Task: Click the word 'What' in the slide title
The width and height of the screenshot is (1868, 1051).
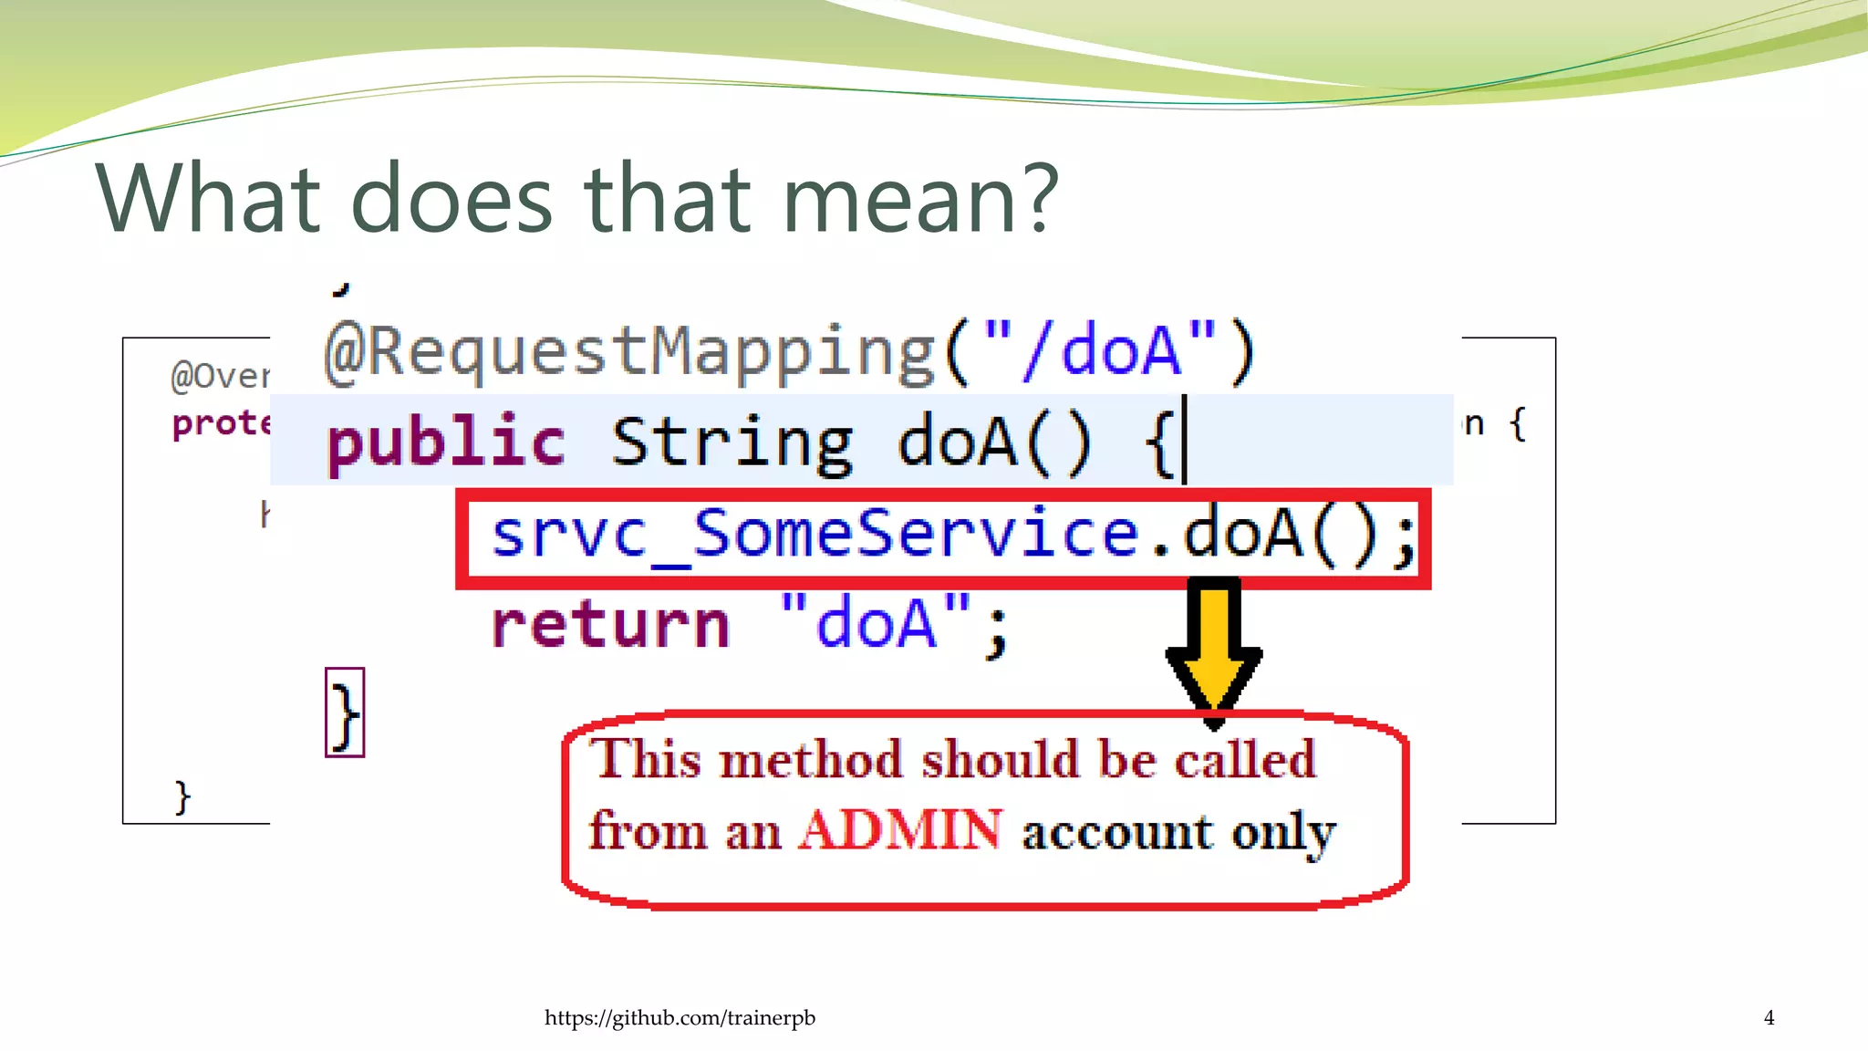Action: [207, 199]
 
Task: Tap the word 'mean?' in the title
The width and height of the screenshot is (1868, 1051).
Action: [920, 199]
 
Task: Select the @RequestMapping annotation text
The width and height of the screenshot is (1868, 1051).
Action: [629, 352]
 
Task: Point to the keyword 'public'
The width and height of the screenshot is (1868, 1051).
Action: [446, 442]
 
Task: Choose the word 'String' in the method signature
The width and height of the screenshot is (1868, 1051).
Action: [732, 443]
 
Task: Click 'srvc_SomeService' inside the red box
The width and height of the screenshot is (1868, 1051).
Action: [815, 536]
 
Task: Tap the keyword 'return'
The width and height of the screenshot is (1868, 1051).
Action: [610, 625]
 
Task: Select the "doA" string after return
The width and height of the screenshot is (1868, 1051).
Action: [876, 623]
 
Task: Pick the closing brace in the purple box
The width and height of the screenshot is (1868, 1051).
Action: [345, 713]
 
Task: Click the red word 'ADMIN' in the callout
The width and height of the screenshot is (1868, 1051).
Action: [900, 830]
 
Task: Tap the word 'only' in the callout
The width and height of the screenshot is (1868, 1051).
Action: [1283, 832]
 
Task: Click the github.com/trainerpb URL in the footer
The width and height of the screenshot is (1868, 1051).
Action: [680, 1018]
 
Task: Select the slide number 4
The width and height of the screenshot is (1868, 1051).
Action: [1769, 1018]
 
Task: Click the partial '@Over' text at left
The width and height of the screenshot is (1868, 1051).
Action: [220, 376]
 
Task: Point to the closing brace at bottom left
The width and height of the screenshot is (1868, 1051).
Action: [182, 797]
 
